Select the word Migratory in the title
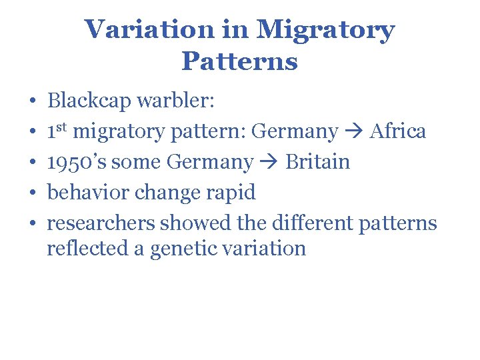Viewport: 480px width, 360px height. click(x=326, y=29)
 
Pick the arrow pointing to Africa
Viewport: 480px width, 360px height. click(x=354, y=131)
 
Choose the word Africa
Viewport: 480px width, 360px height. click(x=398, y=131)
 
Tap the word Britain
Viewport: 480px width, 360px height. click(x=317, y=162)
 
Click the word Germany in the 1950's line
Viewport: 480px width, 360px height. click(x=210, y=162)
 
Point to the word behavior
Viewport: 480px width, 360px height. click(x=88, y=193)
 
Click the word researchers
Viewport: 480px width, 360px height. click(x=100, y=223)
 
